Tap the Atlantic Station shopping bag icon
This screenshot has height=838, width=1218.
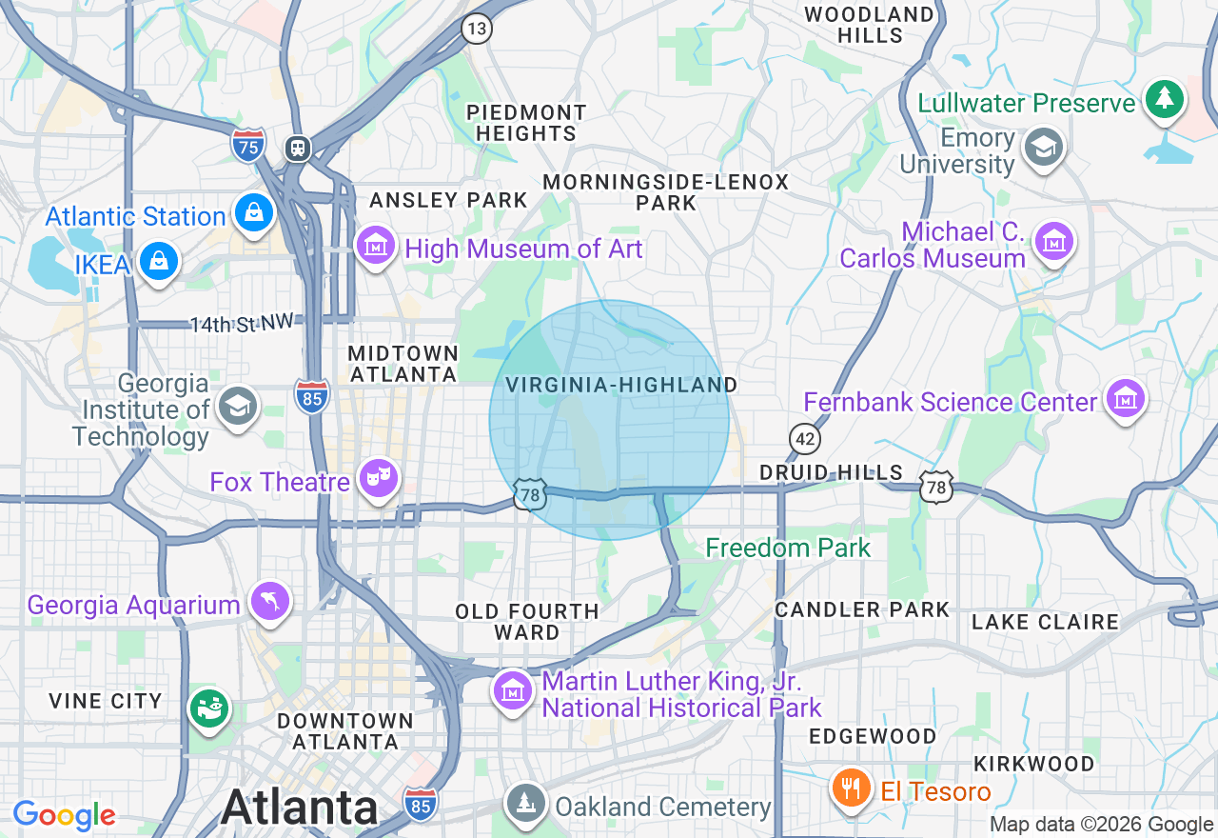tap(254, 213)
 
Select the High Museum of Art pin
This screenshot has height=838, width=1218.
tap(376, 246)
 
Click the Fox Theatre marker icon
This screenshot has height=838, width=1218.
tap(378, 479)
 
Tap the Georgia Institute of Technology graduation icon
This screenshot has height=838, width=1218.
tap(235, 408)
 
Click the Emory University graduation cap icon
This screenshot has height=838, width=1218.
tap(1043, 148)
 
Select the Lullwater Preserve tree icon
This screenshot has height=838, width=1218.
tap(1165, 99)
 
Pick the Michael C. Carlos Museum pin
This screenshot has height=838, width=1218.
tap(1054, 242)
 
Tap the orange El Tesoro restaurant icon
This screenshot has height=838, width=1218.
tap(853, 789)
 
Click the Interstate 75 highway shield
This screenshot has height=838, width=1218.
tap(248, 146)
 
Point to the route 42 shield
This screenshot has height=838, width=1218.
tap(805, 438)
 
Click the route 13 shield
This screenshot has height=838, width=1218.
tap(478, 28)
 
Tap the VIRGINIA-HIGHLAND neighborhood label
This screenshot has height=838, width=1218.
tap(621, 385)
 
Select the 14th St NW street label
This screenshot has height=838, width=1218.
tap(241, 324)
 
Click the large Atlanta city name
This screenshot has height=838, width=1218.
tap(300, 808)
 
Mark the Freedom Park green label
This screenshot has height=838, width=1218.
tap(788, 548)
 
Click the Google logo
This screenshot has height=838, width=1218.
tap(64, 816)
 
